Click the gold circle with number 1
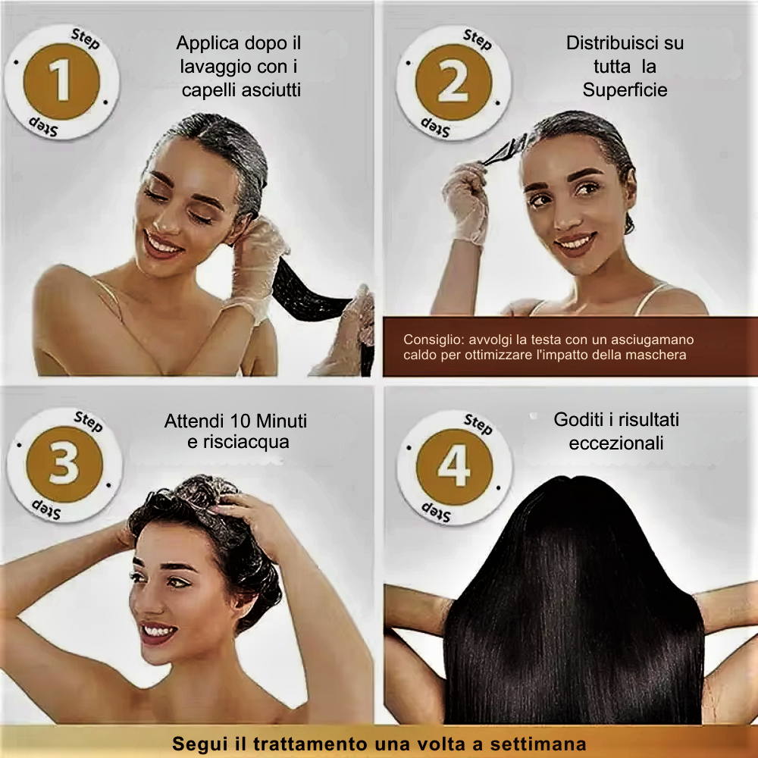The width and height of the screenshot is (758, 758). pyautogui.click(x=62, y=81)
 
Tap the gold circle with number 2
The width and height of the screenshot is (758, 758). pyautogui.click(x=453, y=82)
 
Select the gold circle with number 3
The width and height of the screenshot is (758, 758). pyautogui.click(x=64, y=464)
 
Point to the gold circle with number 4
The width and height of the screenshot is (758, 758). pyautogui.click(x=454, y=467)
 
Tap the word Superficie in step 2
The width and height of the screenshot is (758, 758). pyautogui.click(x=625, y=90)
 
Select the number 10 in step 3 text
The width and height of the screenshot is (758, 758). pyautogui.click(x=240, y=421)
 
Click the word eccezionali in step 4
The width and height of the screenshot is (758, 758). pyautogui.click(x=615, y=443)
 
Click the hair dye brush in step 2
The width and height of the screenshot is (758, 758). pyautogui.click(x=505, y=150)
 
